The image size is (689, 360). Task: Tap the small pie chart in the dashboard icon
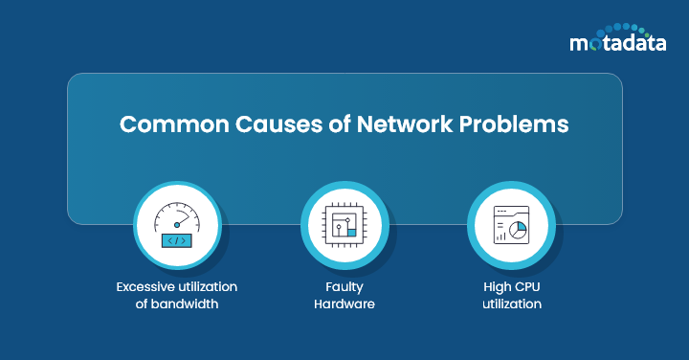(x=519, y=232)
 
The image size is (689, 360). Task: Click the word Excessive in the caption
(x=149, y=286)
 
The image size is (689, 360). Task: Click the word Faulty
(x=344, y=286)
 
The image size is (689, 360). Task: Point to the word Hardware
(x=344, y=304)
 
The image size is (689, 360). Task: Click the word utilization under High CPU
(x=510, y=304)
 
